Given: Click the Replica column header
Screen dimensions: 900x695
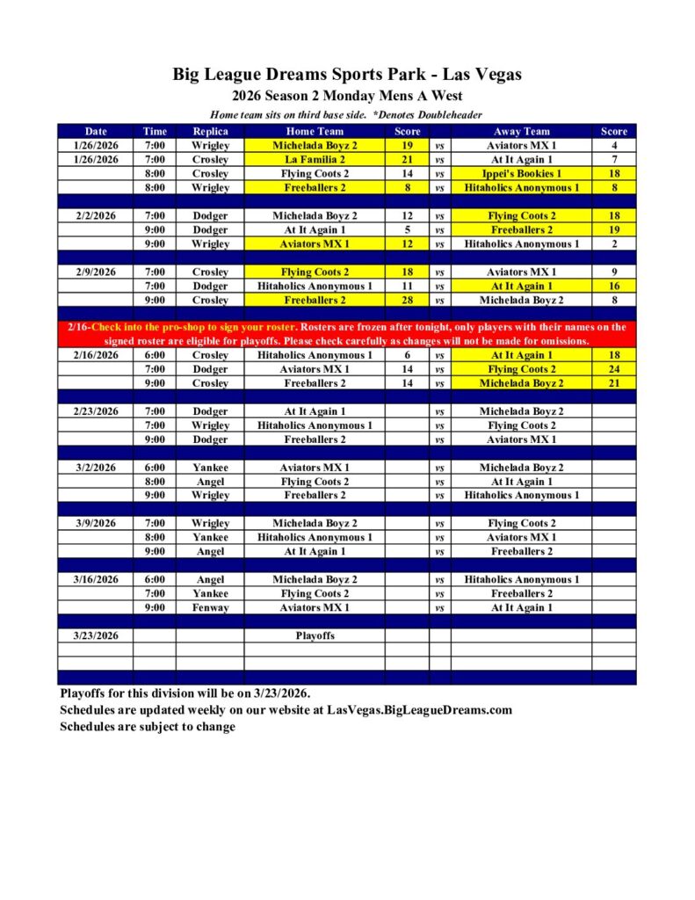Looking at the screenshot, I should pos(210,131).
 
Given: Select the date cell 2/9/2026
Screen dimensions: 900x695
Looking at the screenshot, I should pos(95,272).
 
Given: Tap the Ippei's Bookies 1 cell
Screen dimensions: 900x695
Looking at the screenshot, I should pos(522,173).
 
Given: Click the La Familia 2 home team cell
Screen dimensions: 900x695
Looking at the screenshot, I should pos(315,159).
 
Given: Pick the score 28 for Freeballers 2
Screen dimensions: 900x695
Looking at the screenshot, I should pos(407,300).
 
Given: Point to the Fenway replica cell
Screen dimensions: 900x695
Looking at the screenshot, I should pos(210,607).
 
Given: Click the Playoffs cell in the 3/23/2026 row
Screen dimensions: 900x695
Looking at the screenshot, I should pos(315,635).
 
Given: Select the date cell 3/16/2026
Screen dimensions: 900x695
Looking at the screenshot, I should pos(95,579).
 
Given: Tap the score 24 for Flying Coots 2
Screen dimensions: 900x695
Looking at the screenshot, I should pos(613,369).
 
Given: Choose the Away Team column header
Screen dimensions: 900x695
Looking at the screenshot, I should pos(522,131).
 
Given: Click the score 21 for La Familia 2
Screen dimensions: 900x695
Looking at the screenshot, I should pos(407,159).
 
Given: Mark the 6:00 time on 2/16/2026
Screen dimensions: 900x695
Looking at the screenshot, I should pos(155,355).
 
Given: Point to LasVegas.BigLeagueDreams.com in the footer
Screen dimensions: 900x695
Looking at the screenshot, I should pos(419,709).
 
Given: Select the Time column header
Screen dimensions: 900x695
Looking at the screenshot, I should pos(155,131).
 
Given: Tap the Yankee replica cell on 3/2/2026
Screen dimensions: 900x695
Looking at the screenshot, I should pos(210,468).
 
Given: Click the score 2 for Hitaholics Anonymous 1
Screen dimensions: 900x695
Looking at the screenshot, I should pos(613,243).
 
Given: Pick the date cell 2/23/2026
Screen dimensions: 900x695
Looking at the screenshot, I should pos(95,411).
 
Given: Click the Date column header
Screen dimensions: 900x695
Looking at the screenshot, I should pos(95,131).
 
